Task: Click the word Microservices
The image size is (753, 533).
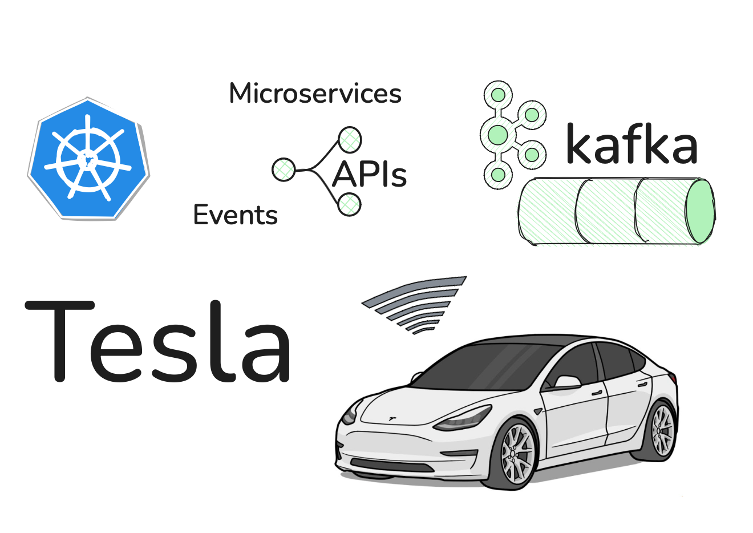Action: [x=315, y=94]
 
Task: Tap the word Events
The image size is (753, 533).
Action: [x=235, y=215]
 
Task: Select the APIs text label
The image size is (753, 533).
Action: [x=369, y=175]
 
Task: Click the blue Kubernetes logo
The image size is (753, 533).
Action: [x=88, y=159]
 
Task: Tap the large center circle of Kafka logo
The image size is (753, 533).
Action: [x=498, y=135]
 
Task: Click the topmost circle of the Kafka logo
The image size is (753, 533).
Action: [x=498, y=94]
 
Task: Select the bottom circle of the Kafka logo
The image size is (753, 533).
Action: [x=498, y=175]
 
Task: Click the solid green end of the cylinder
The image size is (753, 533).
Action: [x=700, y=211]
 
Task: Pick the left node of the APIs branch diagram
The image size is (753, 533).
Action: [x=283, y=169]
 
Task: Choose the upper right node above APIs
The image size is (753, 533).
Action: [x=349, y=139]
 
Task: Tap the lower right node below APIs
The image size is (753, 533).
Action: [x=349, y=204]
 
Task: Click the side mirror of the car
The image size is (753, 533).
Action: [x=566, y=382]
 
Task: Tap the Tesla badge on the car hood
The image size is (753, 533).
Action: [x=392, y=419]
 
